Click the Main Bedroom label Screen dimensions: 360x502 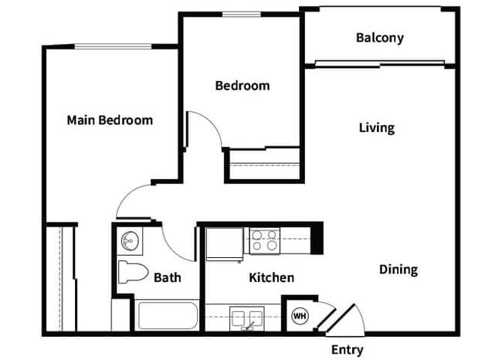(x=110, y=120)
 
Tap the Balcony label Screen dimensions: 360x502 (x=379, y=37)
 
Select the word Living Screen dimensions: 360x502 (x=376, y=127)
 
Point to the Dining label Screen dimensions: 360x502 (x=398, y=270)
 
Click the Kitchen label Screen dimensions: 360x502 (x=271, y=277)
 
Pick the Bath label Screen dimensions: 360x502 (x=168, y=277)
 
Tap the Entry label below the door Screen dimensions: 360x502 (x=347, y=350)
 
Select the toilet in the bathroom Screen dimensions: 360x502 (x=132, y=272)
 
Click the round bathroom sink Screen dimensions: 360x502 (x=128, y=241)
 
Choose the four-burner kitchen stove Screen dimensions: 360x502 (x=264, y=240)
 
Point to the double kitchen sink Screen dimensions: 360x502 (x=247, y=316)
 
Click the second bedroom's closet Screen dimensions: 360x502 (x=263, y=165)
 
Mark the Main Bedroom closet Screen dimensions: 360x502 (x=59, y=278)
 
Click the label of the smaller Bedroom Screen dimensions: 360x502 (x=242, y=85)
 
